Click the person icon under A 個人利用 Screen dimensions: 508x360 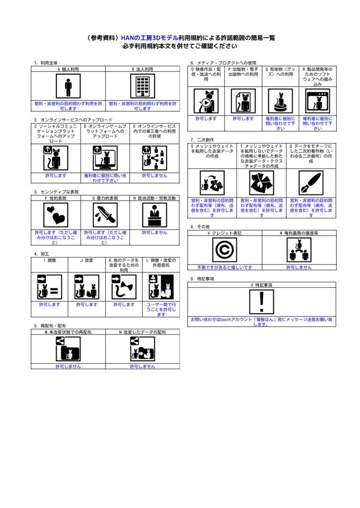tap(68, 86)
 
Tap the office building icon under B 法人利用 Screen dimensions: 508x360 tap(143, 86)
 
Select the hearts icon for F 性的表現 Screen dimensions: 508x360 tap(56, 215)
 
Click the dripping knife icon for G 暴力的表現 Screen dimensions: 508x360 tap(105, 215)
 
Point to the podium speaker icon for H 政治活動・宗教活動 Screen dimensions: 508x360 tap(154, 215)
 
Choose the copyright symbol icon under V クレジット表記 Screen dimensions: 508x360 tap(225, 250)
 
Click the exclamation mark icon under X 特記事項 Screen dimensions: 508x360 tap(262, 302)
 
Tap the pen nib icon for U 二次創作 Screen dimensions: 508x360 tap(311, 183)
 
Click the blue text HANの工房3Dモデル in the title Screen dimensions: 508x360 tap(149, 38)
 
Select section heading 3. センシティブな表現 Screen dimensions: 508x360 tap(57, 191)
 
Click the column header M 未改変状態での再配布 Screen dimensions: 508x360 tap(68, 331)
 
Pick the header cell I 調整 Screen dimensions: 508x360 tap(50, 260)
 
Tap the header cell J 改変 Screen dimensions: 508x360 tap(87, 260)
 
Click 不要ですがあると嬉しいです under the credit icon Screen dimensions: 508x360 tap(225, 267)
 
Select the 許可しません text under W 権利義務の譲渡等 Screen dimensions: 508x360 tap(299, 267)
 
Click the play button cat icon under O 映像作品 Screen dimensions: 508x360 tap(206, 101)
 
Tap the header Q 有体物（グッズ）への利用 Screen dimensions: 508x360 tap(280, 72)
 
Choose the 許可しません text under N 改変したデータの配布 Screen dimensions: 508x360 tap(143, 366)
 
